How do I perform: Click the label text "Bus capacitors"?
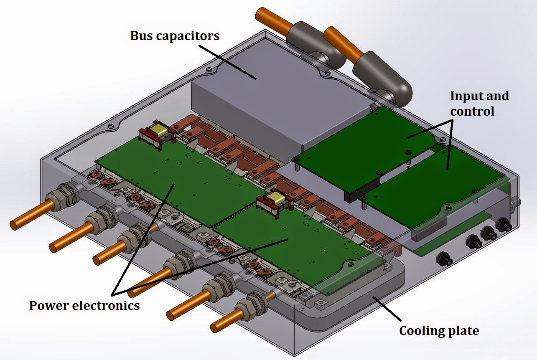pyautogui.click(x=175, y=36)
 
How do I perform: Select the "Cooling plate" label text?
pyautogui.click(x=439, y=331)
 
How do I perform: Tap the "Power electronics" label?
pyautogui.click(x=84, y=306)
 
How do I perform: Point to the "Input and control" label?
pyautogui.click(x=479, y=104)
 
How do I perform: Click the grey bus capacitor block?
pyautogui.click(x=251, y=100)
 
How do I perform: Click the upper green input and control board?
pyautogui.click(x=368, y=142)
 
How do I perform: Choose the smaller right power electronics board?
pyautogui.click(x=293, y=246)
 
